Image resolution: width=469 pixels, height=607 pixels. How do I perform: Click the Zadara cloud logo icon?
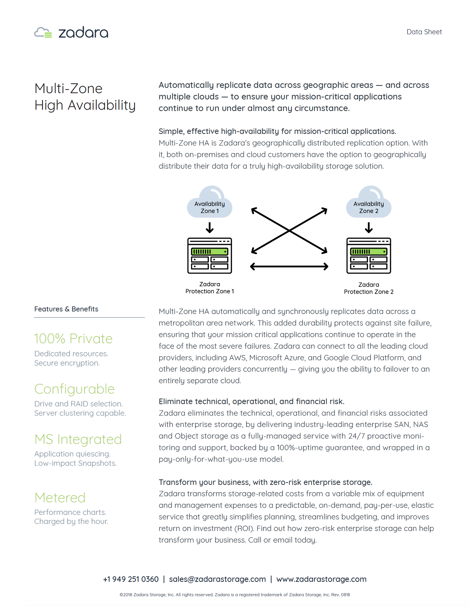[43, 32]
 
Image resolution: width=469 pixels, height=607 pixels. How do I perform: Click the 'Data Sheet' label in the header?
[424, 32]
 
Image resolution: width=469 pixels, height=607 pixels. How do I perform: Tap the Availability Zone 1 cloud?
[210, 202]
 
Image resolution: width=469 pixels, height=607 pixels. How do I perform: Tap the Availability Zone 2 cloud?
[368, 202]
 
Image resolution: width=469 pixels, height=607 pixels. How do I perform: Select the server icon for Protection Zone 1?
[210, 255]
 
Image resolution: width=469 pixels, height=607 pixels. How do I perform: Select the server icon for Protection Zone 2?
[368, 255]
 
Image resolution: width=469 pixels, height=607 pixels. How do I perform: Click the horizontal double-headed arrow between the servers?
[289, 267]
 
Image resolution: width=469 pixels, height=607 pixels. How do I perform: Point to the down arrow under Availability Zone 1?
[210, 227]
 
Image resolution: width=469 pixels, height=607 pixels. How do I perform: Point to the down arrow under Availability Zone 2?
[368, 227]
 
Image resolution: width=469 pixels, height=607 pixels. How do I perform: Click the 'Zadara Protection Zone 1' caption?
[210, 288]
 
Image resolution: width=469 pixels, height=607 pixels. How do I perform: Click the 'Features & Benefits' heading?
[66, 309]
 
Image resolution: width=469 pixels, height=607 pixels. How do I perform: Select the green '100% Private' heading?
[73, 339]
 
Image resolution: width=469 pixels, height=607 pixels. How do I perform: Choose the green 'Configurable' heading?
[75, 389]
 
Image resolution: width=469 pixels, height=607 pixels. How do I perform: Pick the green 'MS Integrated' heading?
[78, 439]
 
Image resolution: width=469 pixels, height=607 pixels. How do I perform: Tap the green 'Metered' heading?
[60, 497]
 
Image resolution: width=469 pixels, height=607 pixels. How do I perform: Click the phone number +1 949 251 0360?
[131, 579]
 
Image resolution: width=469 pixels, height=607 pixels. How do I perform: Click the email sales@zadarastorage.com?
[217, 579]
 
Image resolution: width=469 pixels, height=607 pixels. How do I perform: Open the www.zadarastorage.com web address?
[321, 579]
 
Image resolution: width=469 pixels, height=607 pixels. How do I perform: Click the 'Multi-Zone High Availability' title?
[85, 97]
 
